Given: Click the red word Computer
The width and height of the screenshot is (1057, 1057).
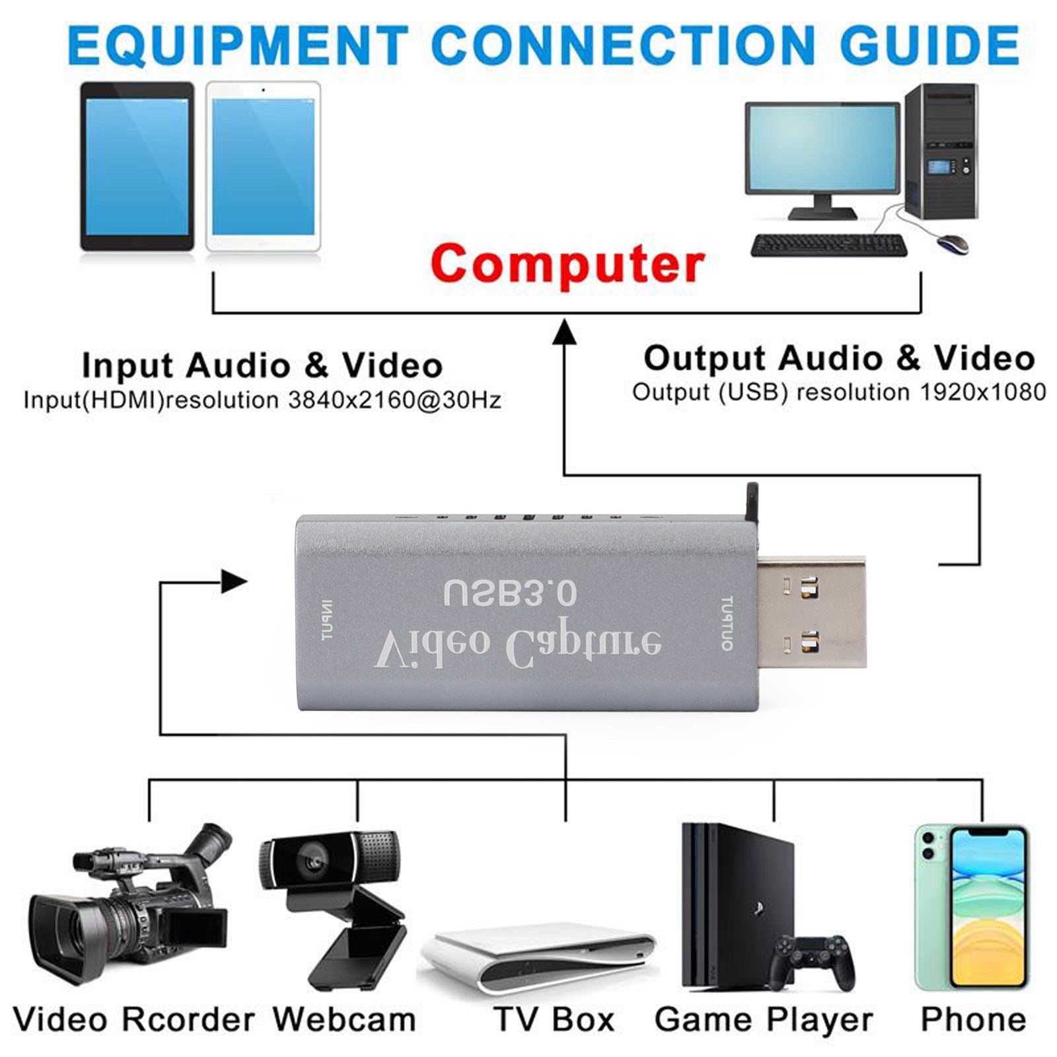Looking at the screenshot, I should pyautogui.click(x=567, y=263).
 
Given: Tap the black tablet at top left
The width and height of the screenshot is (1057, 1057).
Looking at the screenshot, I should pyautogui.click(x=137, y=166).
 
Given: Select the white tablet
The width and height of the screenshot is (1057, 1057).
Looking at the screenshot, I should pyautogui.click(x=263, y=166).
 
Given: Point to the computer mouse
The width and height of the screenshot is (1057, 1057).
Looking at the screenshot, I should pyautogui.click(x=953, y=243).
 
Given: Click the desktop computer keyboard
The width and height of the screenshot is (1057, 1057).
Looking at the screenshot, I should pyautogui.click(x=828, y=245).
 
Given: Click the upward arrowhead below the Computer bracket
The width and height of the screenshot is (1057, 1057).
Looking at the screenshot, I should pyautogui.click(x=564, y=330).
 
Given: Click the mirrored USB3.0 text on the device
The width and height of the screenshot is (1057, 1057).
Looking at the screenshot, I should pyautogui.click(x=510, y=593).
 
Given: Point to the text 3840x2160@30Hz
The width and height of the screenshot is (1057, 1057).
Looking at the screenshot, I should pyautogui.click(x=394, y=400).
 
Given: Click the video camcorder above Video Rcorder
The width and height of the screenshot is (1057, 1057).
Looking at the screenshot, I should pyautogui.click(x=129, y=912).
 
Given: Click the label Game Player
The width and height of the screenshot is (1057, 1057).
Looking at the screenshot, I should pyautogui.click(x=764, y=1019).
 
